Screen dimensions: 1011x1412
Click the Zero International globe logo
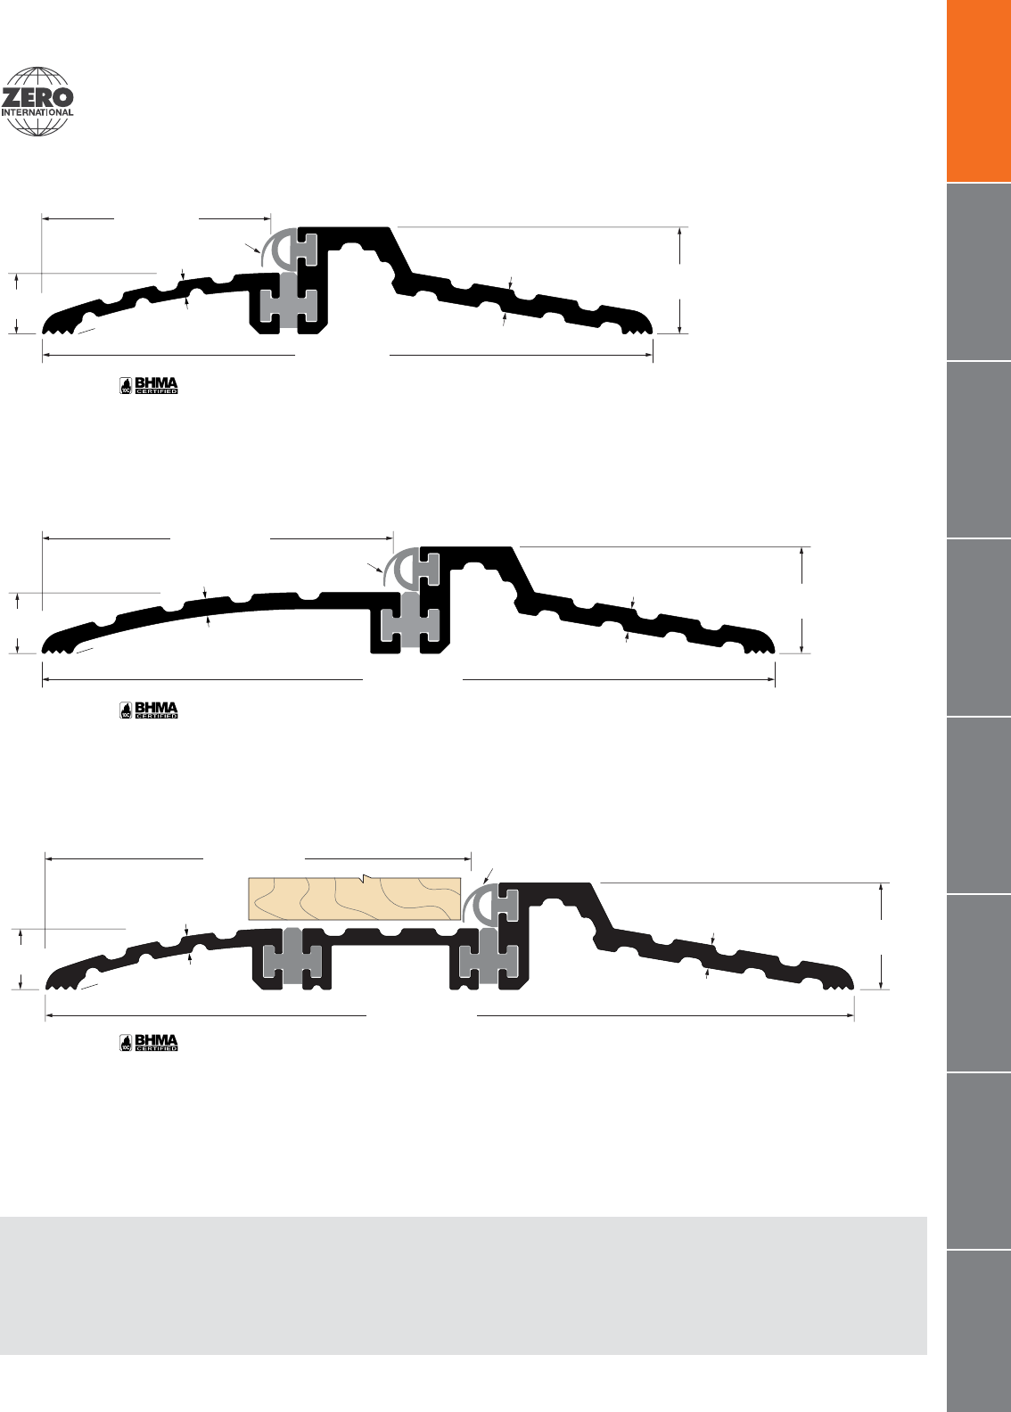[x=37, y=102]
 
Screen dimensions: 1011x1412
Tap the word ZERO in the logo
[x=37, y=98]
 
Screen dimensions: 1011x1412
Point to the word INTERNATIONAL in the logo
[x=37, y=112]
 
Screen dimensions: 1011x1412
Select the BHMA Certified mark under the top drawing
[x=149, y=385]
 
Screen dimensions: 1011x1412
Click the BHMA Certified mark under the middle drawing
[x=149, y=710]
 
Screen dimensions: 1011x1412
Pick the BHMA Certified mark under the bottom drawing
[x=149, y=1042]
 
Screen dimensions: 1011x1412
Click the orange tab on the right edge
[x=979, y=90]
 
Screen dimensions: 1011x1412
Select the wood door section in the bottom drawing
[x=355, y=899]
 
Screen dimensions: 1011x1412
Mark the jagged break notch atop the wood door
[x=364, y=878]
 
